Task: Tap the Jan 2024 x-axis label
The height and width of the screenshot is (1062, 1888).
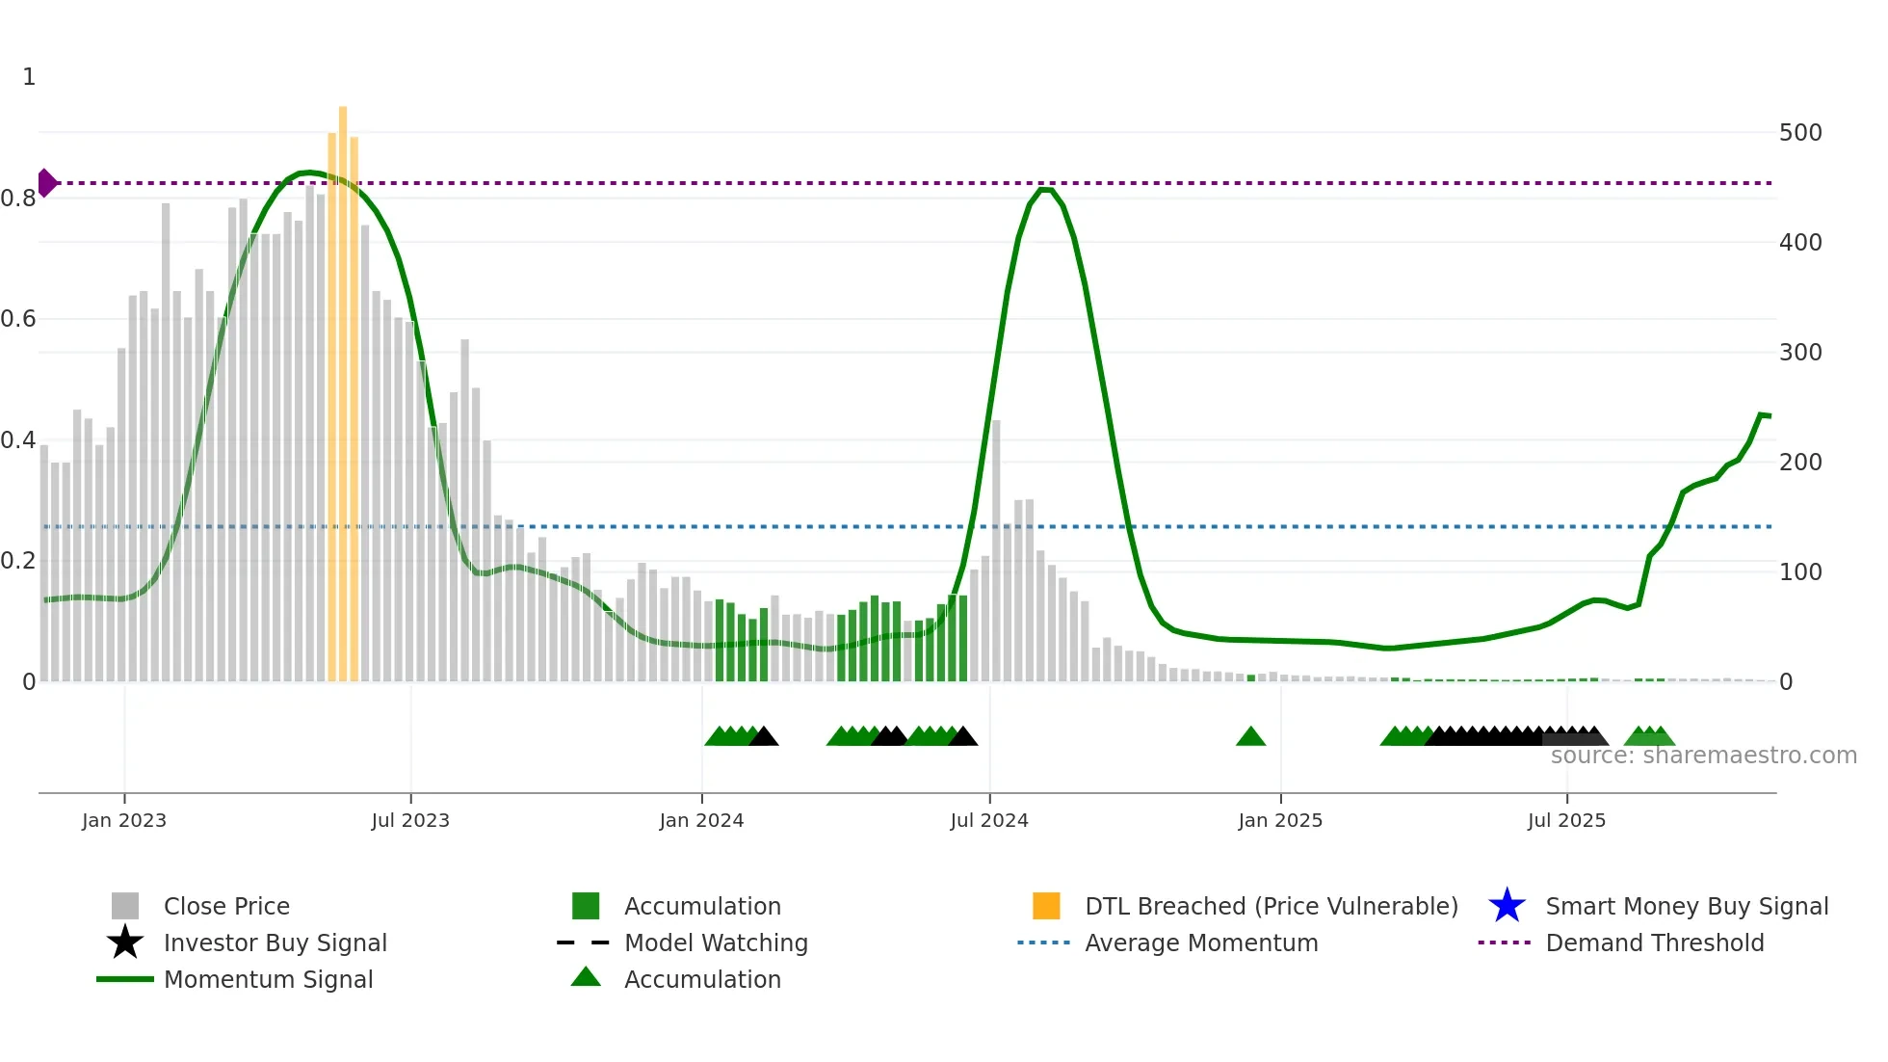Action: pos(701,820)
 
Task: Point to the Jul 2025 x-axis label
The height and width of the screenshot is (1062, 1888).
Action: pos(1566,820)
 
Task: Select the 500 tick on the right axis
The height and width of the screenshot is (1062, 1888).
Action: pos(1800,133)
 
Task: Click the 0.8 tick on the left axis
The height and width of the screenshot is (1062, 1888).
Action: pos(19,199)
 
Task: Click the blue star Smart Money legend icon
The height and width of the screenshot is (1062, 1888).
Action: pos(1507,906)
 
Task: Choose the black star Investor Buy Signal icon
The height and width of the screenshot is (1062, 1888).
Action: pos(125,943)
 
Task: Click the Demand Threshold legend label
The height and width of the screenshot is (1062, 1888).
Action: pos(1654,943)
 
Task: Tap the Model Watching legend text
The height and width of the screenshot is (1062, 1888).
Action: pos(716,943)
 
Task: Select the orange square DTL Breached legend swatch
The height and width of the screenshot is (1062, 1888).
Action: pos(1046,906)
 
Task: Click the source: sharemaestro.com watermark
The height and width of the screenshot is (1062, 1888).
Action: pos(1703,756)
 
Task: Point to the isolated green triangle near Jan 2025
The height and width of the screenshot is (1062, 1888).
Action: pos(1250,737)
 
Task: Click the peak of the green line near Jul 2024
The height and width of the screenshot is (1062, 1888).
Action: pos(1045,190)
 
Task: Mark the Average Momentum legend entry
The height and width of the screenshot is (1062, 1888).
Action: pos(1200,943)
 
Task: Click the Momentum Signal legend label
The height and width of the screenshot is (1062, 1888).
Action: pos(268,979)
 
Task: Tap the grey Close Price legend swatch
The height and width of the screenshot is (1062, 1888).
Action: pos(125,906)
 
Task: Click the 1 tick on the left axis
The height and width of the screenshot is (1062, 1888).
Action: pos(29,77)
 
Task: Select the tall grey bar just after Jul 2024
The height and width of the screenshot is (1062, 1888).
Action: pos(996,549)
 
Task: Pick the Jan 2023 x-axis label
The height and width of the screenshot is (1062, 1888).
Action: pos(124,820)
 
